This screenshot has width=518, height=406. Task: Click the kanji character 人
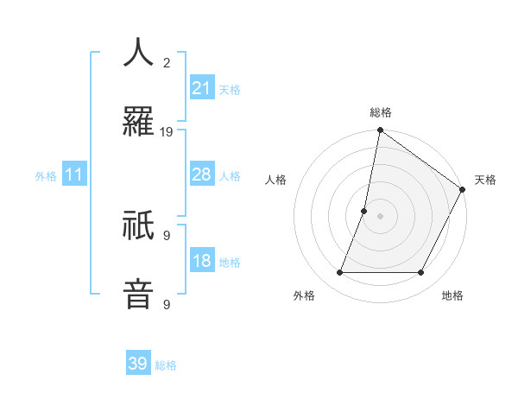click(139, 54)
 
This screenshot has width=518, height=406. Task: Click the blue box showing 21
click(201, 88)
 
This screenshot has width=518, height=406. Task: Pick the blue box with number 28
click(201, 175)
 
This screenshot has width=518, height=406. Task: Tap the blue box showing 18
click(201, 262)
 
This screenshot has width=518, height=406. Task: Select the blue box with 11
click(74, 175)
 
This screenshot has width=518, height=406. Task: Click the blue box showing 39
click(137, 364)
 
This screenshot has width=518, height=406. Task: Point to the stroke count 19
click(167, 132)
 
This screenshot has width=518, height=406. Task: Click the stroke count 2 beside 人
click(167, 63)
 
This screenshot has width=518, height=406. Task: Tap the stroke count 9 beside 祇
click(167, 235)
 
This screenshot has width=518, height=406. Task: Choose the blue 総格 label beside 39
click(166, 365)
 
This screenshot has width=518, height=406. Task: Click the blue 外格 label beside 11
click(46, 176)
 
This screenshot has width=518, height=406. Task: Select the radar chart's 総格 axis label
click(380, 112)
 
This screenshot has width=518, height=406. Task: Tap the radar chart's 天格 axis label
click(485, 180)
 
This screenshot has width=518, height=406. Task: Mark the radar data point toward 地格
click(421, 273)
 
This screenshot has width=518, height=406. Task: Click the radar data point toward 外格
click(339, 273)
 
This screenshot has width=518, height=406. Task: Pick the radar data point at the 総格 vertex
click(380, 131)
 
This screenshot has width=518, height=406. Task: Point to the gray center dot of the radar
click(380, 216)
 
